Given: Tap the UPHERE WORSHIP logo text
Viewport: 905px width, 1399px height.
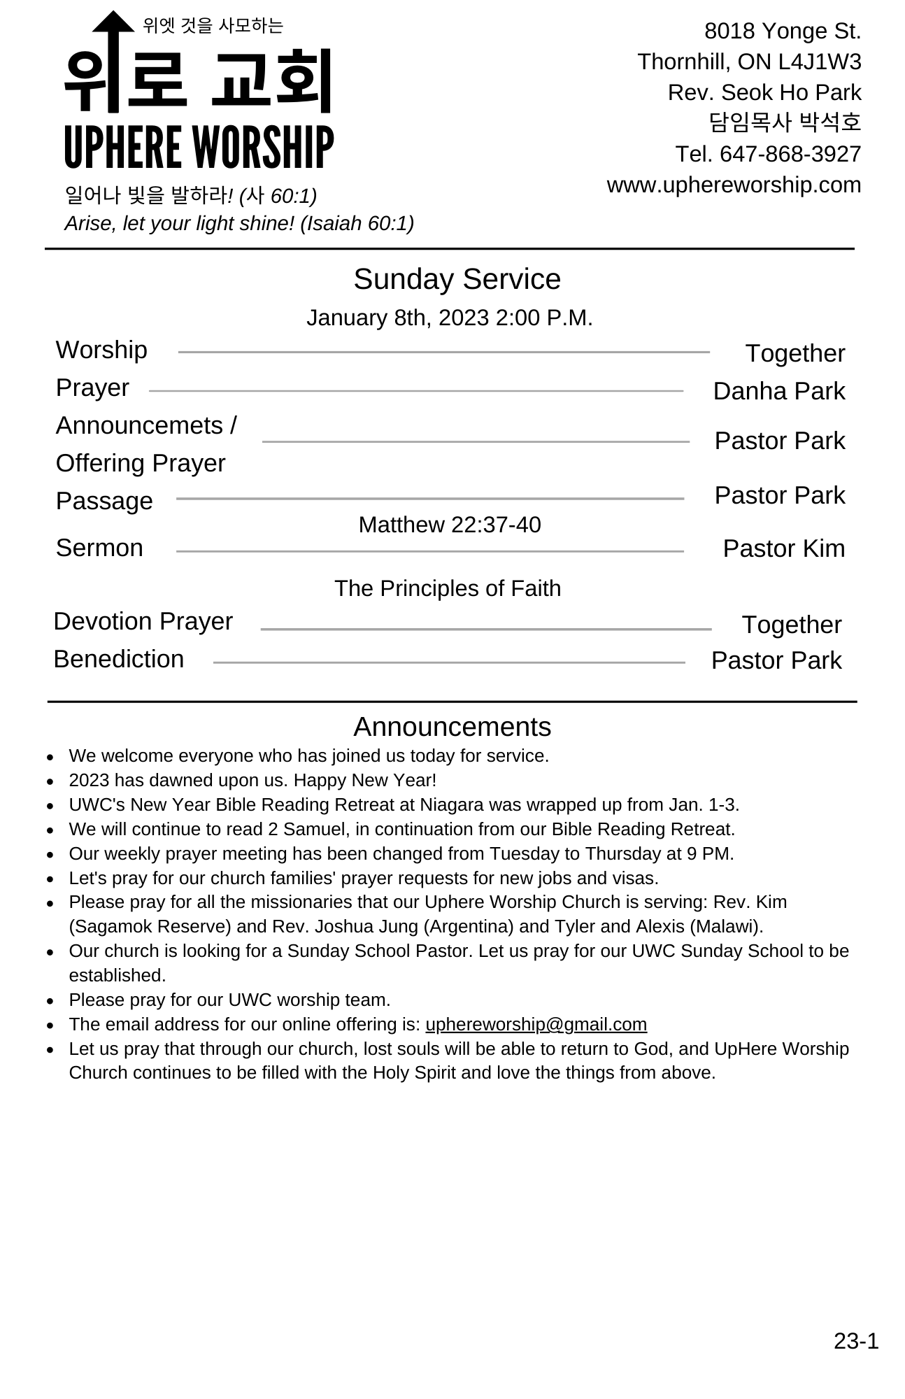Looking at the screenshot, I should tap(199, 148).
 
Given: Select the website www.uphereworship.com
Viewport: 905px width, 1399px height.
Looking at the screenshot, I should tap(734, 185).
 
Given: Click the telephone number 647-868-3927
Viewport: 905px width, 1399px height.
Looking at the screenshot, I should tap(790, 154).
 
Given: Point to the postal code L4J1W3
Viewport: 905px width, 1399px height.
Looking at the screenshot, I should tap(819, 62).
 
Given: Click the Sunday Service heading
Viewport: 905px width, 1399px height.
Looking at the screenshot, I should tap(457, 279).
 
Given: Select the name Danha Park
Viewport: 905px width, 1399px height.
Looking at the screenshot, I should tap(778, 391).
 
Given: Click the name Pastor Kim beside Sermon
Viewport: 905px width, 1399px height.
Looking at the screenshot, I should tap(783, 548).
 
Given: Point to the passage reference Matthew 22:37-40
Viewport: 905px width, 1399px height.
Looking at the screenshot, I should tap(450, 525).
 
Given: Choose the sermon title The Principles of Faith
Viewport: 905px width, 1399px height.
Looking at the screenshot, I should tap(448, 588).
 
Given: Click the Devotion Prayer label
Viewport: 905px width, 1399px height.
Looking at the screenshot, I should tap(143, 621).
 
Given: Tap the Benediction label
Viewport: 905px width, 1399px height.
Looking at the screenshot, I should tap(119, 659).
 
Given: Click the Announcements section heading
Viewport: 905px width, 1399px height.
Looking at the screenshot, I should tap(452, 727).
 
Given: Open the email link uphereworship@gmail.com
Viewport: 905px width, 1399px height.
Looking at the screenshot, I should tap(536, 1024).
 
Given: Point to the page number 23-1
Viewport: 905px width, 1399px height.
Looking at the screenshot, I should tap(855, 1340).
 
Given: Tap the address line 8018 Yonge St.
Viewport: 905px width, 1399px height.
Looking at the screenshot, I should tap(782, 31).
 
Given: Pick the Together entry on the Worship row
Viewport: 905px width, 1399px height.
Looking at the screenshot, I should tap(794, 353).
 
